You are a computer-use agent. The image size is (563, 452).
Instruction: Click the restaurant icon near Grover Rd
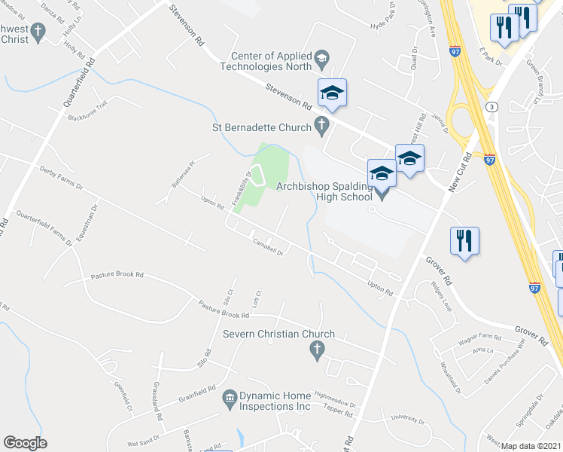464,241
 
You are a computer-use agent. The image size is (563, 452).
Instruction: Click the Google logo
25,443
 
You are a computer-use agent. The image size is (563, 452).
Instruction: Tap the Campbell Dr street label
267,248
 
